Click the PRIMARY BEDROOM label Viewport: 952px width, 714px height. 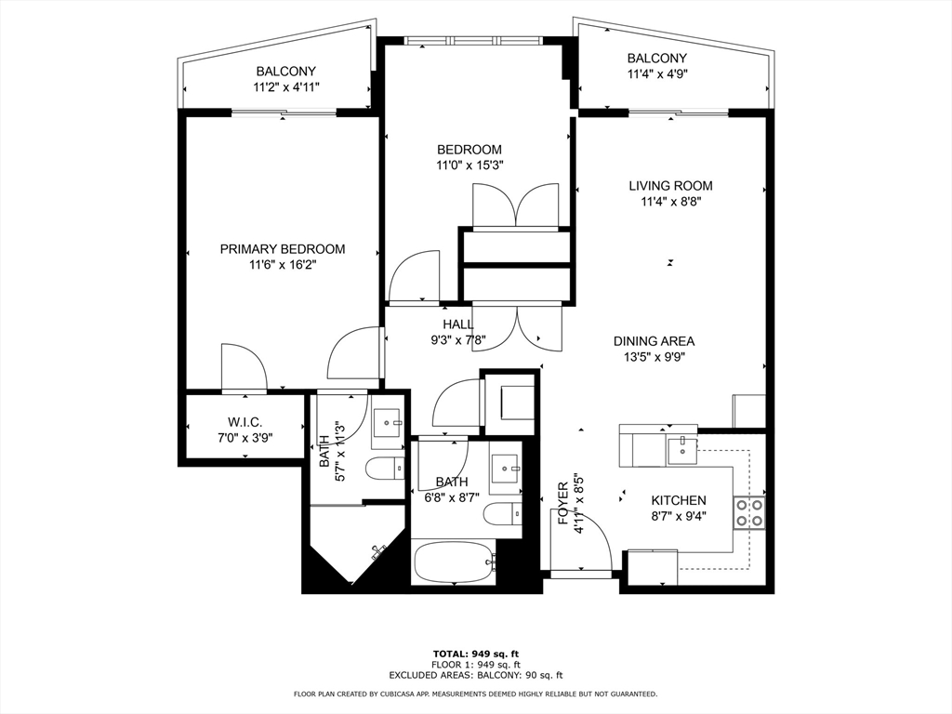click(x=283, y=249)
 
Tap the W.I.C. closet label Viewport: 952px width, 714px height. click(x=245, y=423)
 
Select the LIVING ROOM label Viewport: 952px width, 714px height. click(x=671, y=186)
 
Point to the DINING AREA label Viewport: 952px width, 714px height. click(x=654, y=341)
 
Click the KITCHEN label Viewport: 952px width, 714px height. click(x=679, y=500)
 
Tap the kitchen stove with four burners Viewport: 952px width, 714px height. click(x=749, y=512)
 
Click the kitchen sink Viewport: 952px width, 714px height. click(x=682, y=450)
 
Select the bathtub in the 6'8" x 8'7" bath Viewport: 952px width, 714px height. click(x=454, y=562)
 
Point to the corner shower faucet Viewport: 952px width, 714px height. click(x=379, y=550)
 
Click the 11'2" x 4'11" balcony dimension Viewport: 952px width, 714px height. click(x=286, y=86)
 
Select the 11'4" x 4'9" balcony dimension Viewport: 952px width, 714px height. click(x=657, y=73)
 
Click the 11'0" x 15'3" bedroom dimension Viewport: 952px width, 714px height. click(x=469, y=165)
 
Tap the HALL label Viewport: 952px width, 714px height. click(x=457, y=324)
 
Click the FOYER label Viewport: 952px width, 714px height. click(x=563, y=503)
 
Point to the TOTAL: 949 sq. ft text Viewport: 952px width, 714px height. click(x=475, y=654)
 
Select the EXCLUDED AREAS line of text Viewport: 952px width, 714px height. click(x=476, y=675)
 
